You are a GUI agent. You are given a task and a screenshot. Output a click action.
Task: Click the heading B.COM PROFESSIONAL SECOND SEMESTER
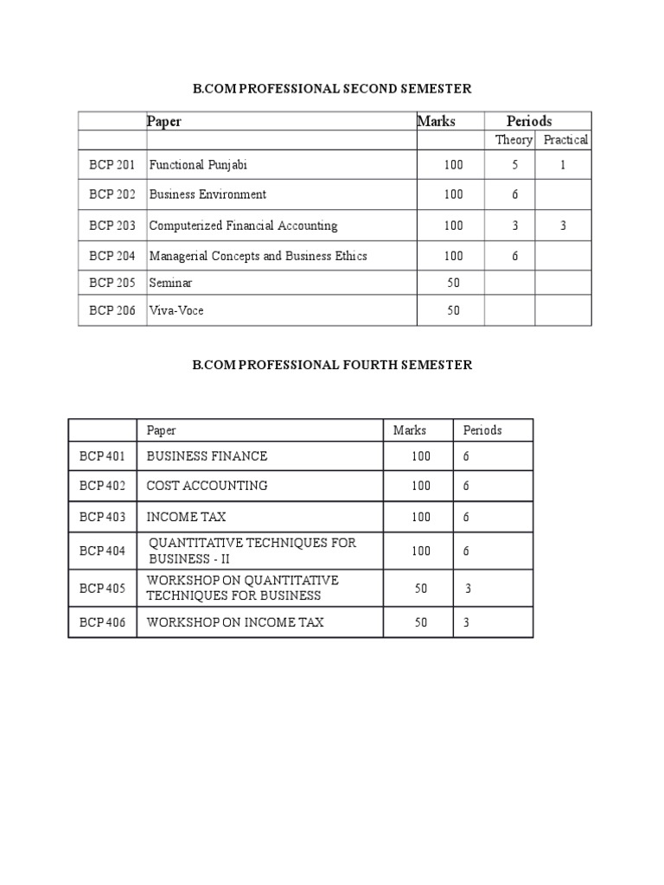pyautogui.click(x=332, y=89)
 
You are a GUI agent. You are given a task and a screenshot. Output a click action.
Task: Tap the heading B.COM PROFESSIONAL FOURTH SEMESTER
pyautogui.click(x=332, y=365)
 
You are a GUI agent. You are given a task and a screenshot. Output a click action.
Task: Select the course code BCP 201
pyautogui.click(x=112, y=164)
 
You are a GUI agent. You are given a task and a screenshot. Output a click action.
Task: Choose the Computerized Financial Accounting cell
pyautogui.click(x=243, y=226)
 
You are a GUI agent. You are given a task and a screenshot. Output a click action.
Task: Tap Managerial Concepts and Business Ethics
pyautogui.click(x=258, y=256)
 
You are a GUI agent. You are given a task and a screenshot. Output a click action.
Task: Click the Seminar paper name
pyautogui.click(x=171, y=283)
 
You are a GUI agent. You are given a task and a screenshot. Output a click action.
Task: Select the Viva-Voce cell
pyautogui.click(x=176, y=310)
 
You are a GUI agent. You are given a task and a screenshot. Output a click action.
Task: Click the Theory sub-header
pyautogui.click(x=514, y=140)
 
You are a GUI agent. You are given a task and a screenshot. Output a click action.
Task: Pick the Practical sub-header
pyautogui.click(x=565, y=140)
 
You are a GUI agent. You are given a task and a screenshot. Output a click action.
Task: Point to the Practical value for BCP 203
pyautogui.click(x=563, y=226)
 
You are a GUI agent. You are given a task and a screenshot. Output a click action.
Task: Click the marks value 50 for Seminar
pyautogui.click(x=454, y=283)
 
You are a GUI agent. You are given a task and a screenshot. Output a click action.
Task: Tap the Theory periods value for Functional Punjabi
pyautogui.click(x=514, y=164)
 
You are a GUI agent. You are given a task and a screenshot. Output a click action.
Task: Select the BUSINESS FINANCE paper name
pyautogui.click(x=207, y=455)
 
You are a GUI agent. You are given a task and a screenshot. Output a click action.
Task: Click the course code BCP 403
pyautogui.click(x=102, y=517)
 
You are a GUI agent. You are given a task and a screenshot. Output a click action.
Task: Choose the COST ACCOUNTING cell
pyautogui.click(x=207, y=486)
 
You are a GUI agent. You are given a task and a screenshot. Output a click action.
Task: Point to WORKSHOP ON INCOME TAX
pyautogui.click(x=235, y=622)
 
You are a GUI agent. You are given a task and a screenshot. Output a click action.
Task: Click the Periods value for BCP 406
pyautogui.click(x=467, y=622)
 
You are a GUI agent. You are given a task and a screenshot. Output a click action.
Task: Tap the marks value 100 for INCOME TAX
pyautogui.click(x=421, y=517)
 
